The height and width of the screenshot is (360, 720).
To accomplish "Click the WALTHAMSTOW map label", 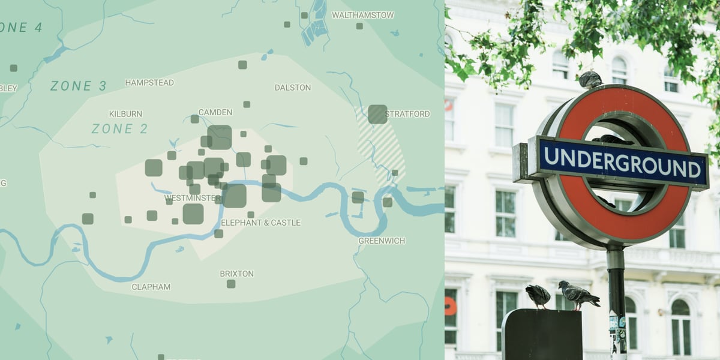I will (x=362, y=15).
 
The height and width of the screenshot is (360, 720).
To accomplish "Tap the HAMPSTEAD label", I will (x=149, y=83).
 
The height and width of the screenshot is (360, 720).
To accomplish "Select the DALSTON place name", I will (x=293, y=88).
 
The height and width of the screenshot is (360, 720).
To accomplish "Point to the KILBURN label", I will (x=125, y=114).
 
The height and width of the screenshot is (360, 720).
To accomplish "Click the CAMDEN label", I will (x=215, y=112).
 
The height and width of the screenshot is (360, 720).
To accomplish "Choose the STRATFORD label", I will (x=408, y=114).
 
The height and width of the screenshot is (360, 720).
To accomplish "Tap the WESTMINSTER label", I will (x=192, y=198).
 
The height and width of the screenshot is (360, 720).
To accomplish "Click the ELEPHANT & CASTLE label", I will (x=260, y=223).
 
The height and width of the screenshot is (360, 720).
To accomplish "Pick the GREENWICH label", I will (x=382, y=241).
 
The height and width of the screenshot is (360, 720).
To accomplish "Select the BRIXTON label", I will (x=236, y=274).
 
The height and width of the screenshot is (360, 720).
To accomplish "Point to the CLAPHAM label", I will (x=151, y=287).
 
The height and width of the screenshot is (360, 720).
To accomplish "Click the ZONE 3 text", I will (x=78, y=86).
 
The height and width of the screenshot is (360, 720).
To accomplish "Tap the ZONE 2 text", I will (x=120, y=128).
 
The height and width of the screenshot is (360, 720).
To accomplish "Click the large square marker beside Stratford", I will (x=377, y=114).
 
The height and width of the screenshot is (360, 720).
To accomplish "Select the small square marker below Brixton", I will (x=231, y=284).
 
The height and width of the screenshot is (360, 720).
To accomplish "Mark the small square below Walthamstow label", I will (x=359, y=26).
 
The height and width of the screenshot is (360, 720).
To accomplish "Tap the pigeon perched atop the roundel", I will (x=590, y=79).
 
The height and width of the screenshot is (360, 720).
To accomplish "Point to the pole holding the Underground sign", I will (x=616, y=300).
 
